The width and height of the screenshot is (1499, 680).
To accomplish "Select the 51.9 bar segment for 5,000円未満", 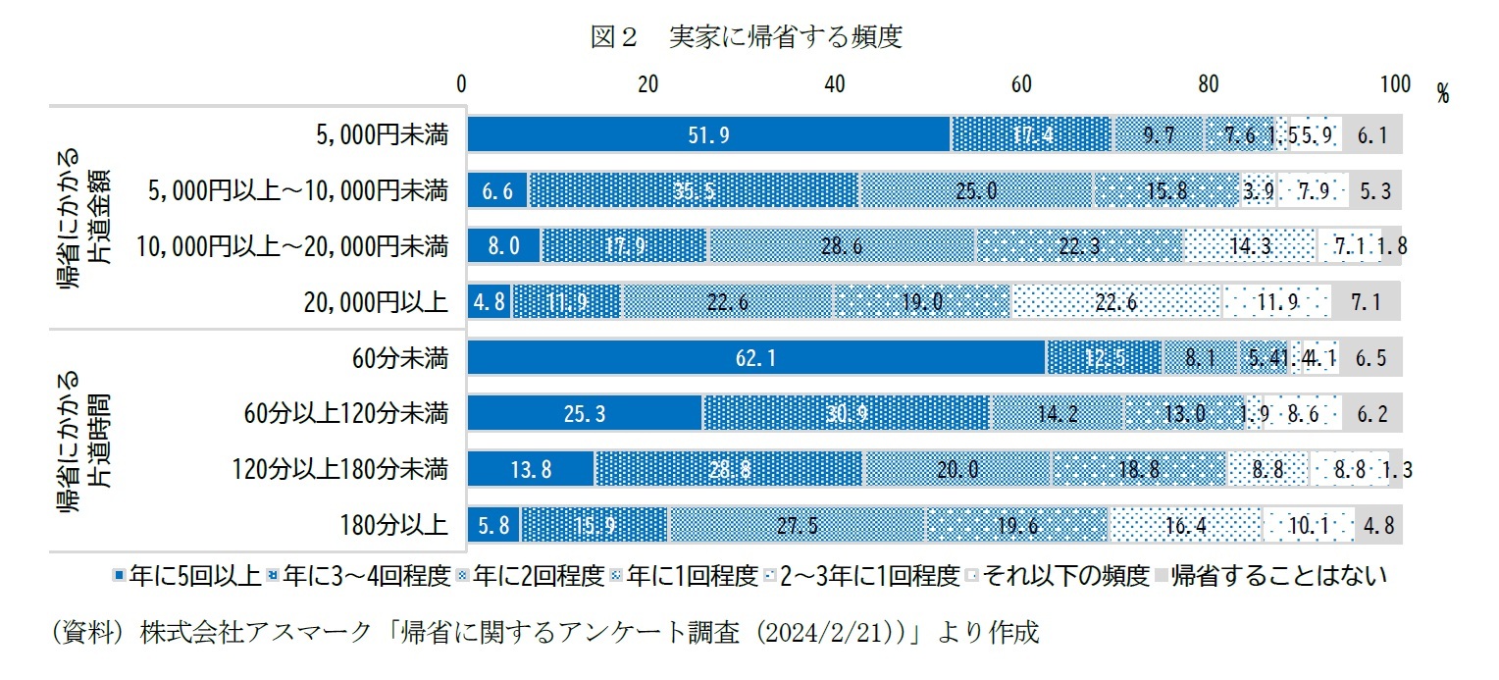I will (x=708, y=134).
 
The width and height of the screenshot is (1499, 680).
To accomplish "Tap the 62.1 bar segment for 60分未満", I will (x=755, y=358).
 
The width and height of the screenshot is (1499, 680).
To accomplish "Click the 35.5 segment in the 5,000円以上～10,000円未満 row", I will (x=693, y=190).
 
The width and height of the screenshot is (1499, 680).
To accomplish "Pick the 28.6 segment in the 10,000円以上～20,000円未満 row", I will (x=841, y=246).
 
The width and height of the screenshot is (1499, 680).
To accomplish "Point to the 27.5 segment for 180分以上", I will (x=797, y=525).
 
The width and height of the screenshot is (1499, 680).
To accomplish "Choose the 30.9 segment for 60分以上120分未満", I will (x=845, y=413).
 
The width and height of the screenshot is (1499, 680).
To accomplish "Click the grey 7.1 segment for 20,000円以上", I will (x=1366, y=302).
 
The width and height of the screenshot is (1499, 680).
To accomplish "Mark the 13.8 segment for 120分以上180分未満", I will (x=530, y=469).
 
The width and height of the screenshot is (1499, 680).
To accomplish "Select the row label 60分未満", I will (x=403, y=358).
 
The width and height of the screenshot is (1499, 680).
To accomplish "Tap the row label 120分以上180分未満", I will (x=340, y=470).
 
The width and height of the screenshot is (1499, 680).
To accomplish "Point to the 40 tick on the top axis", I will (x=835, y=84).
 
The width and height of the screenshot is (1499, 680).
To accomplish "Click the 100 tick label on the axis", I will (x=1394, y=84).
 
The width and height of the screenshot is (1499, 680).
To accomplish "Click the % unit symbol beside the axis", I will (x=1442, y=93).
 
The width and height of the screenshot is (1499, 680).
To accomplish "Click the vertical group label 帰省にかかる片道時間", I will (x=82, y=442).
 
